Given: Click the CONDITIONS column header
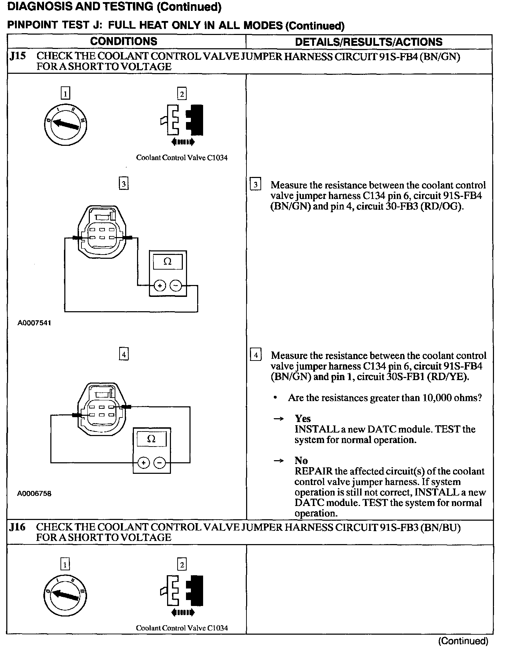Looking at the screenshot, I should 124,41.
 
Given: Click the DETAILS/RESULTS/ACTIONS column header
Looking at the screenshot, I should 369,42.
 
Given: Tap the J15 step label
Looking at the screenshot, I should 17,56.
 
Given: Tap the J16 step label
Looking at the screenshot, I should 17,527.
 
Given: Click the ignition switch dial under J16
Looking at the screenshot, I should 65,595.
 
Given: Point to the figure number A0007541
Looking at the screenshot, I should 34,323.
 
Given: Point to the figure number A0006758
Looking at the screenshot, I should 34,493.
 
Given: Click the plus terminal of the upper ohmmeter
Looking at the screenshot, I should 160,286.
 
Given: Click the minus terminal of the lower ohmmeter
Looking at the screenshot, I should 160,463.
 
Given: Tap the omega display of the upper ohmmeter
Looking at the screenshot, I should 168,262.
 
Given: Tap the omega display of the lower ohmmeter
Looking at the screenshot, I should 152,439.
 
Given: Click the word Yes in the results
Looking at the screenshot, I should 303,419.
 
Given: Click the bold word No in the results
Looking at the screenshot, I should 301,461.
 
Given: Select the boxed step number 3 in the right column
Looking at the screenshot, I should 256,184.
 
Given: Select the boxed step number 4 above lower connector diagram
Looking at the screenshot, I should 124,355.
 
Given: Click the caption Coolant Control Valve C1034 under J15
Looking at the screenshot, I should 182,158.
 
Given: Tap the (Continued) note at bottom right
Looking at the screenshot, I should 463,641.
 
